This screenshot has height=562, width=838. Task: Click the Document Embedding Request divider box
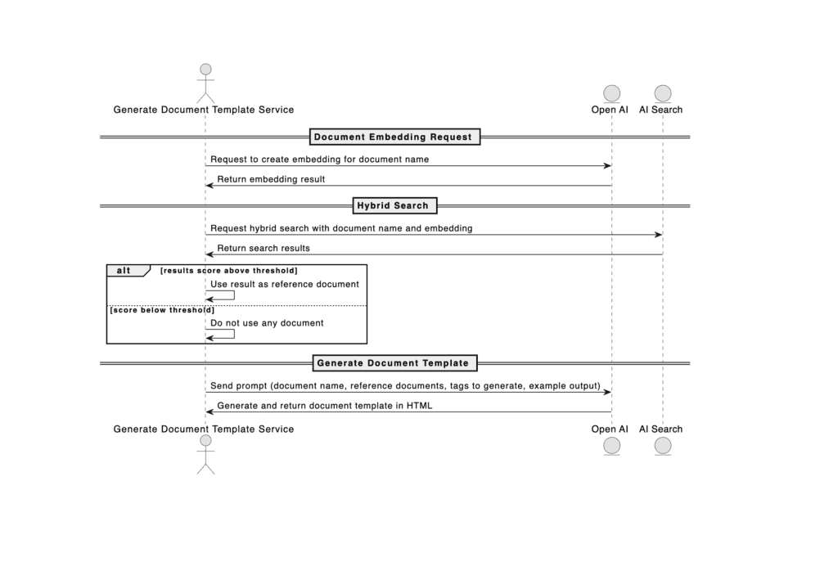(395, 137)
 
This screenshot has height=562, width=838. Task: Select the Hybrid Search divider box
(395, 205)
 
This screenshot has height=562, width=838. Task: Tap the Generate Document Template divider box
(395, 363)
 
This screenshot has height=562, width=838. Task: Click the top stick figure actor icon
(205, 83)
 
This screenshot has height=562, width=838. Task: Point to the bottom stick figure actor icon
(205, 455)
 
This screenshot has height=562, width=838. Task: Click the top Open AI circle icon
(612, 94)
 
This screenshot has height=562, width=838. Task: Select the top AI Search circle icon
(663, 94)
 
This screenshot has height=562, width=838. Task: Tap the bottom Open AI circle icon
(612, 446)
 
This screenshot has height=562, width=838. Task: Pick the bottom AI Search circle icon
(663, 446)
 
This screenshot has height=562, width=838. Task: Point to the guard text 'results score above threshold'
(229, 271)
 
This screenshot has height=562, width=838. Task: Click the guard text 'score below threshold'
(162, 310)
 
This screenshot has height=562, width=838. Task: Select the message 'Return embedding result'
(271, 179)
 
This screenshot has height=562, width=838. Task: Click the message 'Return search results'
(264, 249)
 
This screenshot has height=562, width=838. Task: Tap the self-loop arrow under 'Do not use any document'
(234, 334)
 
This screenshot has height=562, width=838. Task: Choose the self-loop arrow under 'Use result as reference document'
(234, 294)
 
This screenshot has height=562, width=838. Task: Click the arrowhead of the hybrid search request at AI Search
(659, 235)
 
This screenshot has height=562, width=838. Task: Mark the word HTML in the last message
(420, 406)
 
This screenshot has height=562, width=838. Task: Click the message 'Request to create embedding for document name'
(320, 160)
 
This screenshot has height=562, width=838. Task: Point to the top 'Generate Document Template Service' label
(204, 110)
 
